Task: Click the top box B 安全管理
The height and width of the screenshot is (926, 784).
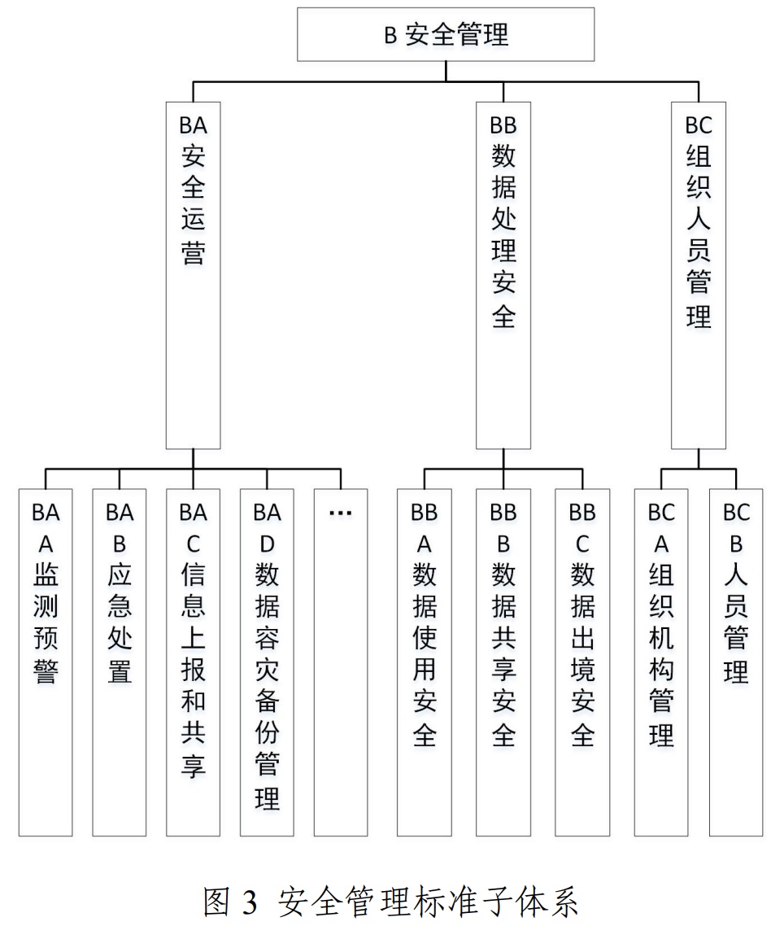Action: pos(446,35)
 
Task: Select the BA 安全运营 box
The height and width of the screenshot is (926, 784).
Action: pos(193,275)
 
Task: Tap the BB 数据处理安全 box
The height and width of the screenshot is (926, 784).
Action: pos(503,275)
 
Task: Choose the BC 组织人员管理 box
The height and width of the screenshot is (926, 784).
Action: pos(699,275)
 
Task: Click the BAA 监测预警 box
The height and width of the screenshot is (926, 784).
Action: pos(46,662)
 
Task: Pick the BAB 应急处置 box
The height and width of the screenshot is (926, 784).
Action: pos(120,662)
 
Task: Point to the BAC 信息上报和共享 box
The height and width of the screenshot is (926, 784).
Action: pos(193,662)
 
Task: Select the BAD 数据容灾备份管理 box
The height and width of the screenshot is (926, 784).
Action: pos(267,662)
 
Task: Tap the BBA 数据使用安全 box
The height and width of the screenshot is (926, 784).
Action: pos(425,662)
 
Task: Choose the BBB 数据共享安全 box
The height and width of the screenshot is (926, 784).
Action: pos(503,662)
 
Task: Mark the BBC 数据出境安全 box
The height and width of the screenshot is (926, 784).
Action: pos(582,662)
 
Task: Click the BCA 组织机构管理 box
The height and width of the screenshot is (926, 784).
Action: pos(661,662)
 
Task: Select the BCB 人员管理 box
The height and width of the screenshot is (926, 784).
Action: pos(736,662)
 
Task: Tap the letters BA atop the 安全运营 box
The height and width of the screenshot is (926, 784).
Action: pos(193,126)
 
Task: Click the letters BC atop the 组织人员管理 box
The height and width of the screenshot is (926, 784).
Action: pos(699,126)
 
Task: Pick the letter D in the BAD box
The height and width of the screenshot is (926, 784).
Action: pos(267,544)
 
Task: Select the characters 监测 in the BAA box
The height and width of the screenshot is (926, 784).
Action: pos(46,592)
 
